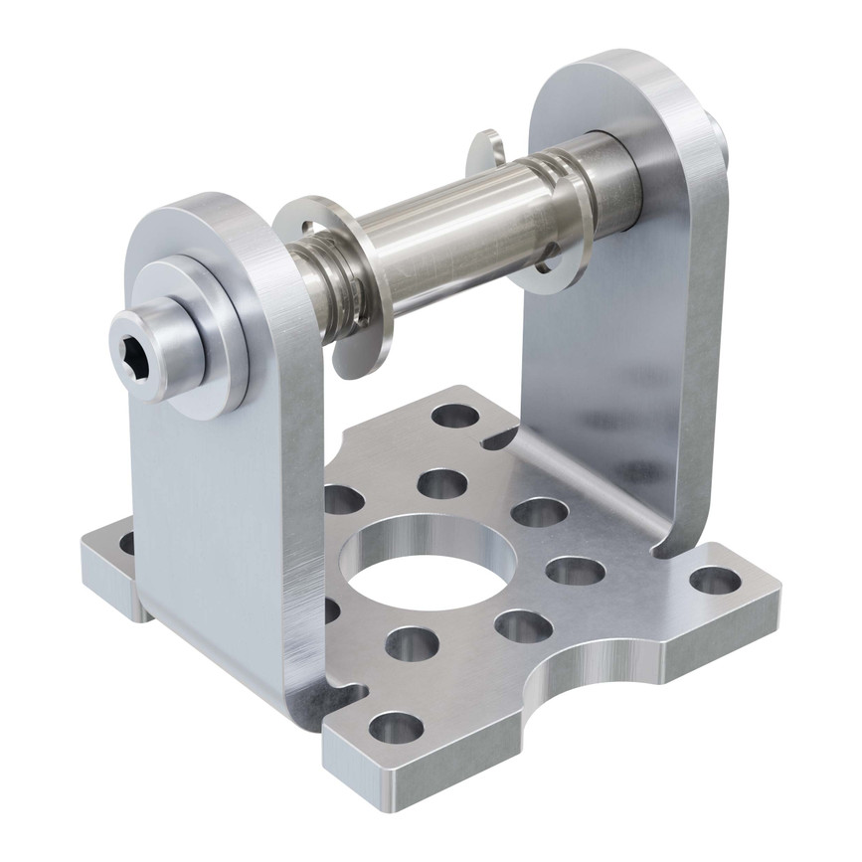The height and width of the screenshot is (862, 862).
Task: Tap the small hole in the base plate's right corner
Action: [x=714, y=580]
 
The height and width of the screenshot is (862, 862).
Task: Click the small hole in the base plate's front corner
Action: [x=395, y=728]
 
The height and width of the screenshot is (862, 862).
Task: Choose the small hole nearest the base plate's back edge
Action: [x=454, y=416]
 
